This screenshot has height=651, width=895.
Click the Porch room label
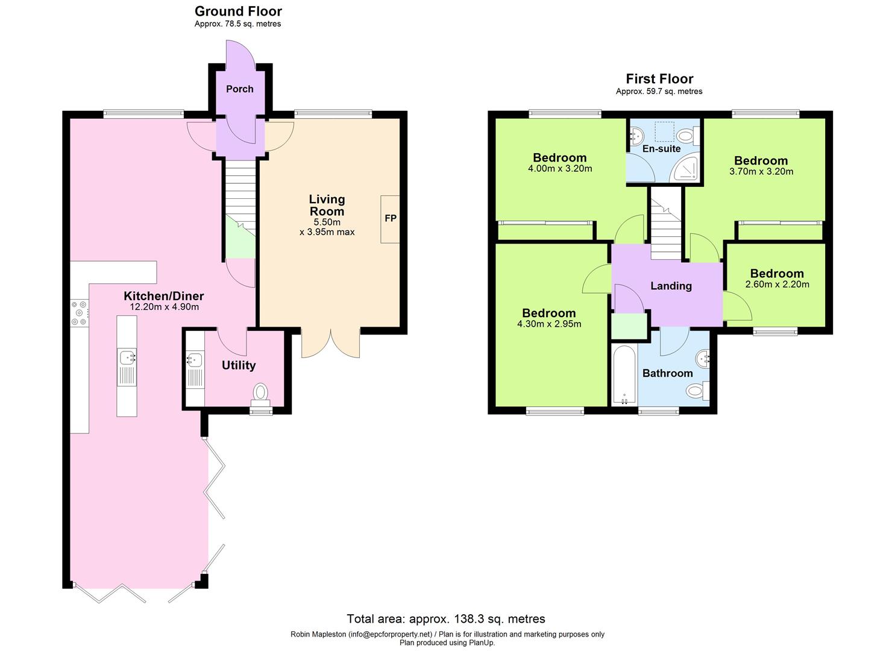click(x=239, y=89)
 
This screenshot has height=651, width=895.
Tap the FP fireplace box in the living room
click(x=390, y=219)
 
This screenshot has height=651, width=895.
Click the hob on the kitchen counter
click(x=79, y=313)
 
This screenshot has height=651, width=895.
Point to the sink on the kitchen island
click(x=127, y=359)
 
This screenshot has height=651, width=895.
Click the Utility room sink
click(x=194, y=361)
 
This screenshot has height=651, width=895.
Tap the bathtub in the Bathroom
click(x=624, y=375)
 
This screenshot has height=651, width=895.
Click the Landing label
click(x=671, y=286)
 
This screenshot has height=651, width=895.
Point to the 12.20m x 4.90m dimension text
click(x=164, y=307)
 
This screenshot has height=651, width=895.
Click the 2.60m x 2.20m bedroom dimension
click(x=777, y=285)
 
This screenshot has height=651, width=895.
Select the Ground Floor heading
click(x=238, y=11)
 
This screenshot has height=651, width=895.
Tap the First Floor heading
click(x=659, y=79)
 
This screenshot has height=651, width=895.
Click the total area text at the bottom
click(x=446, y=618)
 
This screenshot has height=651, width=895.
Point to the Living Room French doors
click(x=330, y=344)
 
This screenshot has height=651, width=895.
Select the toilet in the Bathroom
click(x=697, y=392)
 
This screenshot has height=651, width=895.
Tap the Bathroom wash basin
click(x=703, y=360)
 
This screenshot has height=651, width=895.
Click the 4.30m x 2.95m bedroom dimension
click(x=548, y=324)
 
